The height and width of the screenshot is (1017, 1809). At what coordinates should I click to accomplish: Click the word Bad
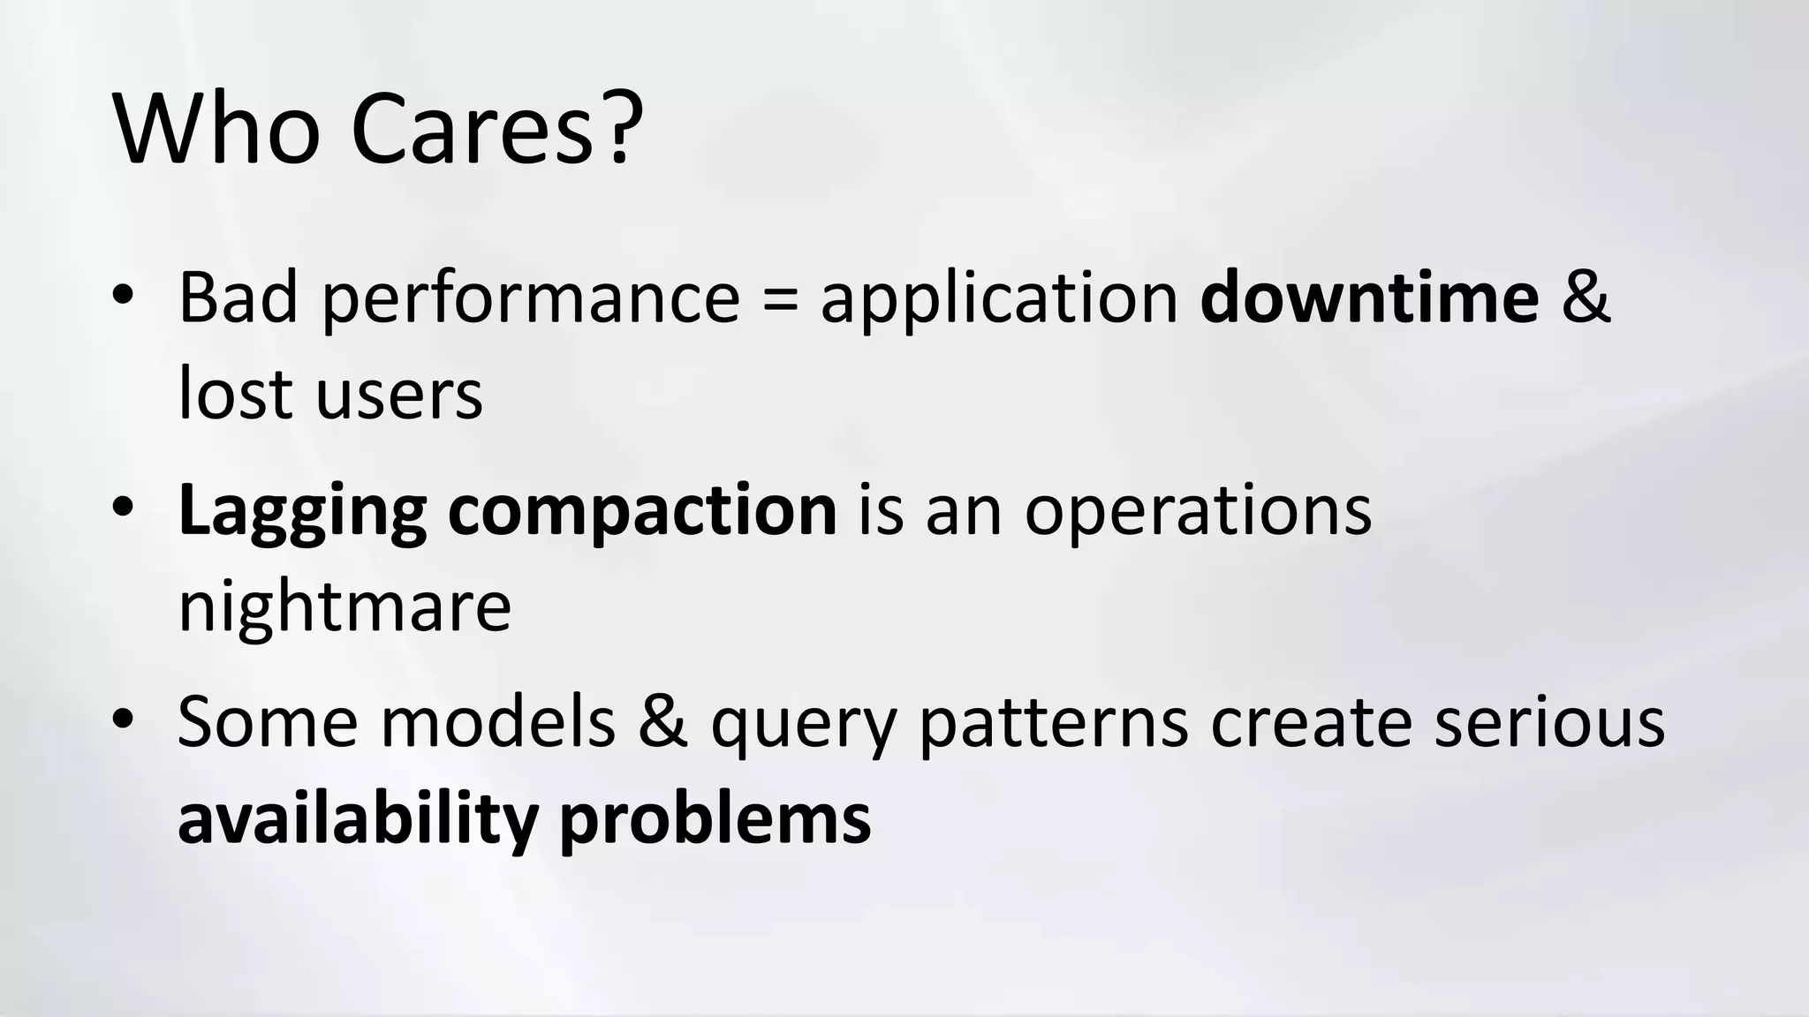pos(238,298)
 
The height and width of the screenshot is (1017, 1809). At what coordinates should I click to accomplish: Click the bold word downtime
pos(1369,298)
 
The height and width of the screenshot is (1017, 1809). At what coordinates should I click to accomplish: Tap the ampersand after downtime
pos(1586,298)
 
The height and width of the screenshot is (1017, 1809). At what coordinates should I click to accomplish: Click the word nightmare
pos(344,607)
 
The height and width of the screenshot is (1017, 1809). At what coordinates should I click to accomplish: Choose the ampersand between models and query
pos(662,721)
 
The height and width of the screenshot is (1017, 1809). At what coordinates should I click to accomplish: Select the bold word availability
pos(358,818)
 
